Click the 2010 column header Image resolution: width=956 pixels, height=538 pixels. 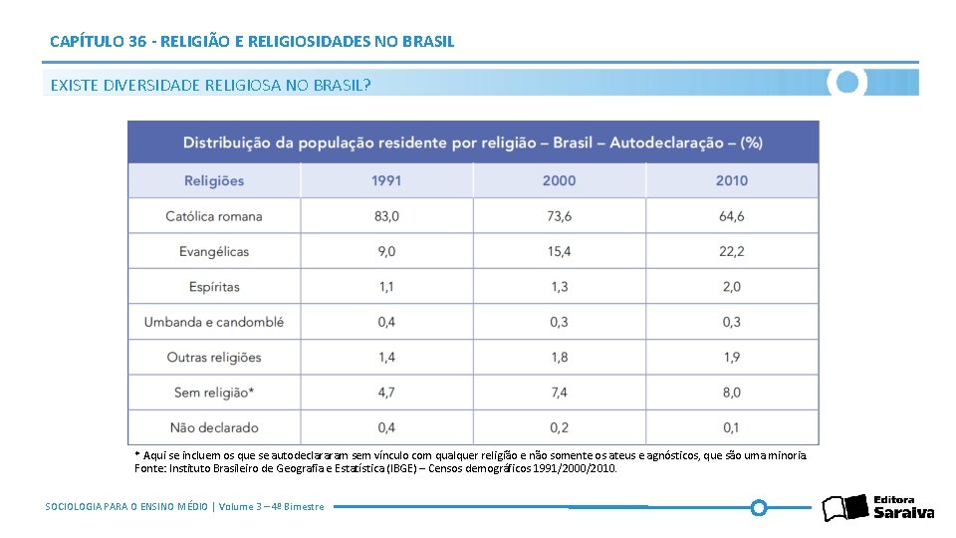pyautogui.click(x=731, y=180)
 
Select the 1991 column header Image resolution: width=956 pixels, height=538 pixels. pyautogui.click(x=386, y=180)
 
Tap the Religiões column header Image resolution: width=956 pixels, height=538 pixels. pyautogui.click(x=214, y=180)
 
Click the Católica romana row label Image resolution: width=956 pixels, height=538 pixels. pyautogui.click(x=214, y=216)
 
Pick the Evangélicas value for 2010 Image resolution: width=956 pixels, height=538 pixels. pyautogui.click(x=731, y=251)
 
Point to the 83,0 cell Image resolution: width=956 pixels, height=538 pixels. pyautogui.click(x=386, y=216)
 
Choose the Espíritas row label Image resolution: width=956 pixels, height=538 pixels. pyautogui.click(x=214, y=287)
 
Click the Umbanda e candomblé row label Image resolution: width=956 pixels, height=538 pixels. pyautogui.click(x=214, y=322)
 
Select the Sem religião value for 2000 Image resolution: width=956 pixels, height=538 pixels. pyautogui.click(x=559, y=393)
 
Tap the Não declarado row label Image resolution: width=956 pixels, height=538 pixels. pyautogui.click(x=214, y=427)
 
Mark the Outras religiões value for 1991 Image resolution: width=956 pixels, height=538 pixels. pyautogui.click(x=386, y=357)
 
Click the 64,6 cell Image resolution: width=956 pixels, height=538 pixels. pyautogui.click(x=731, y=216)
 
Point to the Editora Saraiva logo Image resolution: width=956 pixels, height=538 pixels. pyautogui.click(x=878, y=507)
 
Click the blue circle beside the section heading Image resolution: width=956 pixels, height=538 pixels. pyautogui.click(x=847, y=83)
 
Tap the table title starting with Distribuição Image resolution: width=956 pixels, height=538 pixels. pyautogui.click(x=473, y=142)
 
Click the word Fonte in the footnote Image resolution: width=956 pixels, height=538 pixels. pyautogui.click(x=148, y=468)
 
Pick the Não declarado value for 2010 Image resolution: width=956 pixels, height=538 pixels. pyautogui.click(x=731, y=427)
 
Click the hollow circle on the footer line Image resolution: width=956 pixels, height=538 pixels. pyautogui.click(x=759, y=507)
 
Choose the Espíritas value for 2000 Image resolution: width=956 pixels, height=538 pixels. pyautogui.click(x=559, y=287)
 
